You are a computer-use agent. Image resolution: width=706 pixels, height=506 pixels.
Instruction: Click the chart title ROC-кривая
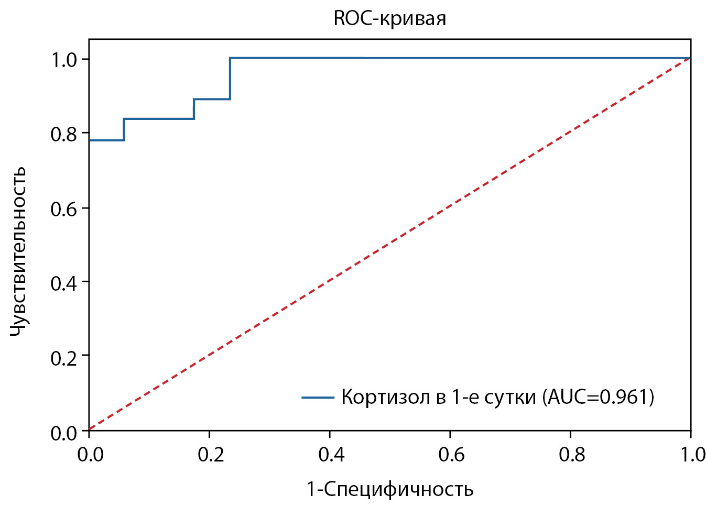click(x=389, y=19)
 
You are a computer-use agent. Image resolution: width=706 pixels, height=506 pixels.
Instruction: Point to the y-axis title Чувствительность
click(x=19, y=252)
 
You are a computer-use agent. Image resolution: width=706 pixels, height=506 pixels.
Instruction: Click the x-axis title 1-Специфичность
click(x=390, y=489)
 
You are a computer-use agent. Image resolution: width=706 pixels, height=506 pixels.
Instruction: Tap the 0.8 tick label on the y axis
click(x=64, y=134)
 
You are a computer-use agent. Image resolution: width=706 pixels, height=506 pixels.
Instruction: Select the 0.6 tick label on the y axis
click(x=64, y=209)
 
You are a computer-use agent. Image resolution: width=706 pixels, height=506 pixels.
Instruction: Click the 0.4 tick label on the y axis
click(x=64, y=283)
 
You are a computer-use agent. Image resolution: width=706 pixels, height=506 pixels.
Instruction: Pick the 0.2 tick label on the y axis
click(x=64, y=358)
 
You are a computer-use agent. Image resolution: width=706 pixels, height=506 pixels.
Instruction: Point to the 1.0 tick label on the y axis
click(x=64, y=60)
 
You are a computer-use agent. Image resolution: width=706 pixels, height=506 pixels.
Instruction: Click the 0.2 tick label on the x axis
click(x=211, y=454)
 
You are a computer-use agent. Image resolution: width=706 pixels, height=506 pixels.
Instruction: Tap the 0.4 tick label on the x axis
click(x=331, y=454)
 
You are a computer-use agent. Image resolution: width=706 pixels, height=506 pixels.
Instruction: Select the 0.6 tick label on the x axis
click(x=451, y=454)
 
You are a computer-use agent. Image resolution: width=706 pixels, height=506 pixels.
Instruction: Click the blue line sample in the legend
click(x=318, y=398)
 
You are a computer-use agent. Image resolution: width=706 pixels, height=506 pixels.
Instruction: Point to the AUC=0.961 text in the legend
click(x=598, y=398)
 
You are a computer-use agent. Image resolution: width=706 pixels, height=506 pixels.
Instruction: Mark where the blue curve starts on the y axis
click(x=90, y=140)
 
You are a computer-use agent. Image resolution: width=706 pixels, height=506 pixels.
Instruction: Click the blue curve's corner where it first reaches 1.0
click(x=230, y=58)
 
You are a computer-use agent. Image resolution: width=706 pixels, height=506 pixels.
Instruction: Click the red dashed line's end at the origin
click(x=90, y=430)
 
